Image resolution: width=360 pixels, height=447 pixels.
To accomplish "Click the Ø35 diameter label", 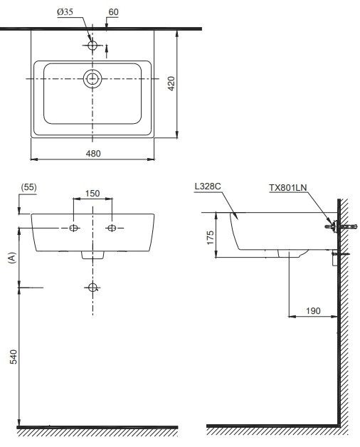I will (x=66, y=13).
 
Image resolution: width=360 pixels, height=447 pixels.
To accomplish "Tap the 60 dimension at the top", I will (x=114, y=13).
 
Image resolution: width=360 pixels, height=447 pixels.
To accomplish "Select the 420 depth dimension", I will (x=171, y=84).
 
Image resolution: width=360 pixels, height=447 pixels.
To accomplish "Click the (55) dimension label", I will (x=28, y=187).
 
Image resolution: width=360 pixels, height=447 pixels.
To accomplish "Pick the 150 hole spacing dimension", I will (x=92, y=193).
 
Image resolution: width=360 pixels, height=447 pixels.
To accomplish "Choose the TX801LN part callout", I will (x=287, y=187).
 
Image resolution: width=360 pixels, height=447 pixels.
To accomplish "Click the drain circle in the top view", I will (x=92, y=79).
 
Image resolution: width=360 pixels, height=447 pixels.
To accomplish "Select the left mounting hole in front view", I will (x=74, y=228).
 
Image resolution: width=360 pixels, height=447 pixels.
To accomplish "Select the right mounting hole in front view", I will (x=111, y=228).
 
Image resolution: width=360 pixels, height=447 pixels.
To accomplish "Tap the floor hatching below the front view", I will (x=97, y=431).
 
